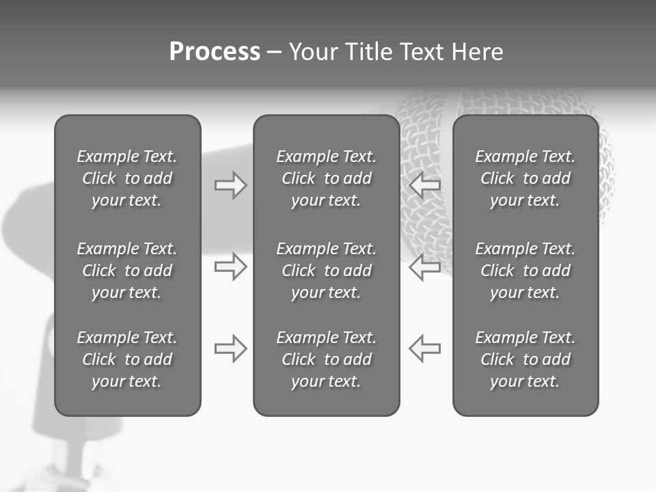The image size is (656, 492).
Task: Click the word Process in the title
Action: tap(215, 52)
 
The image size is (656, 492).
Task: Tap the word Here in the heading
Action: tap(477, 52)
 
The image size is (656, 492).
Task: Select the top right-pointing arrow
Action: tap(231, 185)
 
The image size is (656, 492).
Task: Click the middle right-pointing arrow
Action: tap(231, 266)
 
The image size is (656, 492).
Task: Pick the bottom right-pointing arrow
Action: tap(231, 348)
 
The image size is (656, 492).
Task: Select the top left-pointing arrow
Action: tap(425, 185)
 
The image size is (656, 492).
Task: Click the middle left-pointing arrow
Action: tap(425, 266)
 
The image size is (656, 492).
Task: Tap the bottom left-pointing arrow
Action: tap(425, 348)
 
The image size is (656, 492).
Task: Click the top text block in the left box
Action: tap(127, 178)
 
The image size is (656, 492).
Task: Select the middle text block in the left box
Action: tap(127, 271)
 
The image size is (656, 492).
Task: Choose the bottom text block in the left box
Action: tap(127, 359)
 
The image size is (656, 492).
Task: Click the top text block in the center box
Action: tap(327, 178)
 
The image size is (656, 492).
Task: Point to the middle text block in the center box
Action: tap(327, 271)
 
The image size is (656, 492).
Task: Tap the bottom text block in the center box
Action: tap(327, 359)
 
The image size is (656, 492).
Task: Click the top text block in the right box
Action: tap(525, 178)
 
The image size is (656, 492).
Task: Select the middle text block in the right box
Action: tap(525, 271)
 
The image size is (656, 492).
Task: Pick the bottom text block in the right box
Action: tap(525, 359)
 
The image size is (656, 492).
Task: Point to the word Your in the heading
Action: tap(315, 52)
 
